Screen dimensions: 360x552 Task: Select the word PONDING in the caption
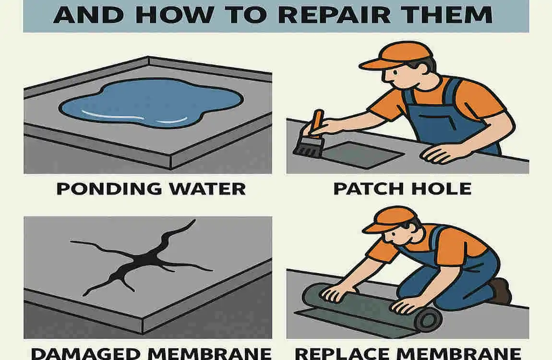click(111, 188)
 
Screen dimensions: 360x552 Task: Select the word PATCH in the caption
click(367, 188)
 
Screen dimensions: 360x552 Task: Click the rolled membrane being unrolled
click(365, 307)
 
